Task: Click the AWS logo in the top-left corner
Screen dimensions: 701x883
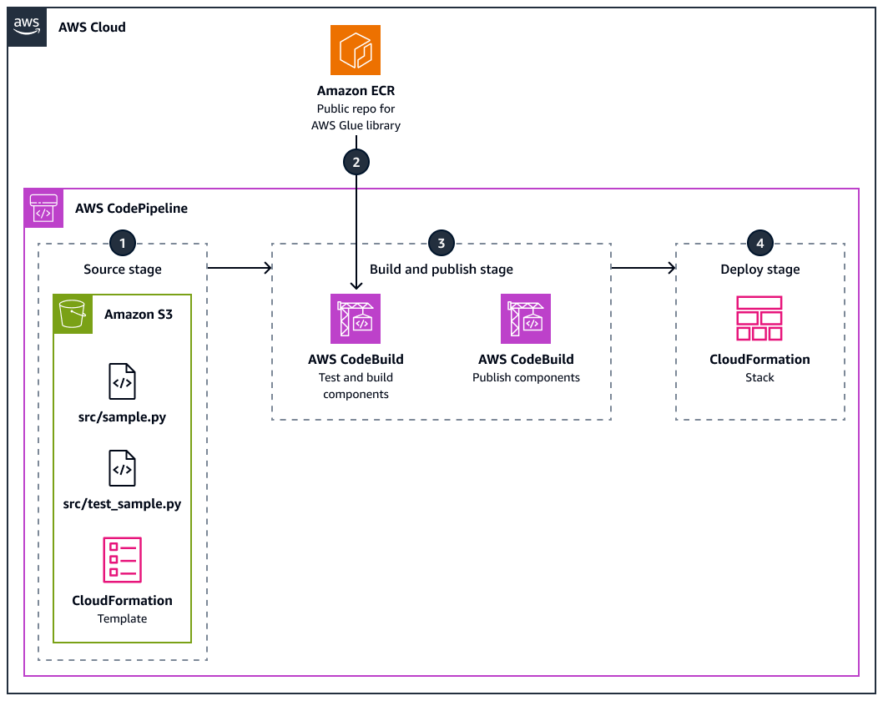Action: click(x=27, y=27)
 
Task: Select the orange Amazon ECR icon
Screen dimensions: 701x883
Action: click(x=356, y=50)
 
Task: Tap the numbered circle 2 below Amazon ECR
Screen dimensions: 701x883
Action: click(x=356, y=162)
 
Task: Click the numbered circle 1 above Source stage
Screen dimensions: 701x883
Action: click(x=123, y=244)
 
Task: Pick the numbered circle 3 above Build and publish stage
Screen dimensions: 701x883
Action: click(x=441, y=244)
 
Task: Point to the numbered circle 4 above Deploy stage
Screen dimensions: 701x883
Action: click(x=759, y=244)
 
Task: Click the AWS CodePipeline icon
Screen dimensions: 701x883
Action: click(x=43, y=208)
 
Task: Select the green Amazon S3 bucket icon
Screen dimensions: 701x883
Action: click(x=73, y=315)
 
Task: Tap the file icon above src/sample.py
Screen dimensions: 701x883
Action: click(x=122, y=381)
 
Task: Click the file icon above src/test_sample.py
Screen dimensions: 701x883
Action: click(x=122, y=468)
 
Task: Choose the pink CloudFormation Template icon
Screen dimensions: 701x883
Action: click(x=122, y=559)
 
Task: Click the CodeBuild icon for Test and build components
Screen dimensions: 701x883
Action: click(x=356, y=319)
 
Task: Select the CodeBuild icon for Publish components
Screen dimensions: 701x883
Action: click(x=526, y=319)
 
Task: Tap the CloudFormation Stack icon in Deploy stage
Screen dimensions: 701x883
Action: click(x=759, y=319)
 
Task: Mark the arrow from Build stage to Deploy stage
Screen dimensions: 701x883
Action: click(x=643, y=268)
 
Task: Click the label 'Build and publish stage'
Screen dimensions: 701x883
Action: click(x=441, y=270)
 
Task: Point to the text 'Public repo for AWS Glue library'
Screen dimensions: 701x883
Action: click(x=356, y=117)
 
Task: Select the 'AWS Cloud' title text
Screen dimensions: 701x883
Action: click(x=92, y=27)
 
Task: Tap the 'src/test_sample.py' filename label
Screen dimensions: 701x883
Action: click(x=122, y=504)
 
